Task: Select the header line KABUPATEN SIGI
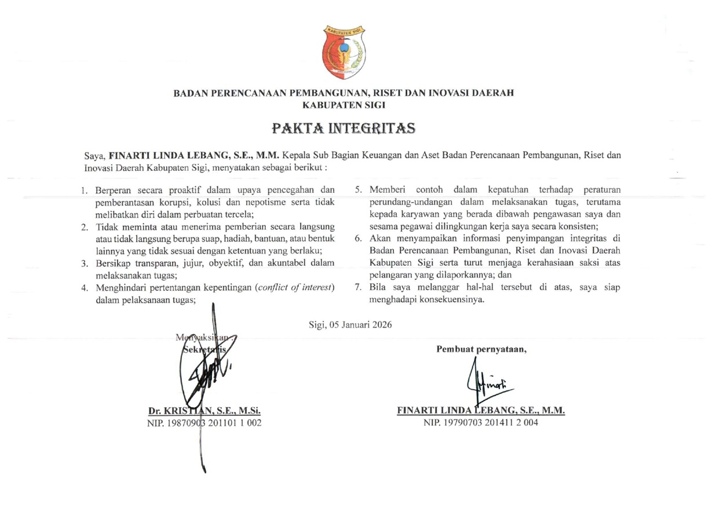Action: click(x=344, y=105)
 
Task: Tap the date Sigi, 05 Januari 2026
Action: click(x=350, y=324)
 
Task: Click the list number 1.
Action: click(x=84, y=190)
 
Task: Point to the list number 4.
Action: click(x=84, y=288)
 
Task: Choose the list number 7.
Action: click(x=358, y=288)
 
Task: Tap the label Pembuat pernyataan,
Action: click(x=481, y=349)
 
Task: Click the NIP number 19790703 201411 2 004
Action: click(x=481, y=423)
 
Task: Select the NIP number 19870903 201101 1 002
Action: click(x=205, y=423)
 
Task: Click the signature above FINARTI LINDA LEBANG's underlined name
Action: click(x=484, y=382)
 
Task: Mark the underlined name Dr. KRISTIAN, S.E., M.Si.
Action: click(x=205, y=411)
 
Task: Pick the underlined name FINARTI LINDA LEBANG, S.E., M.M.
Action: click(x=481, y=411)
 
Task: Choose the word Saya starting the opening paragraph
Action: click(x=92, y=156)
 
